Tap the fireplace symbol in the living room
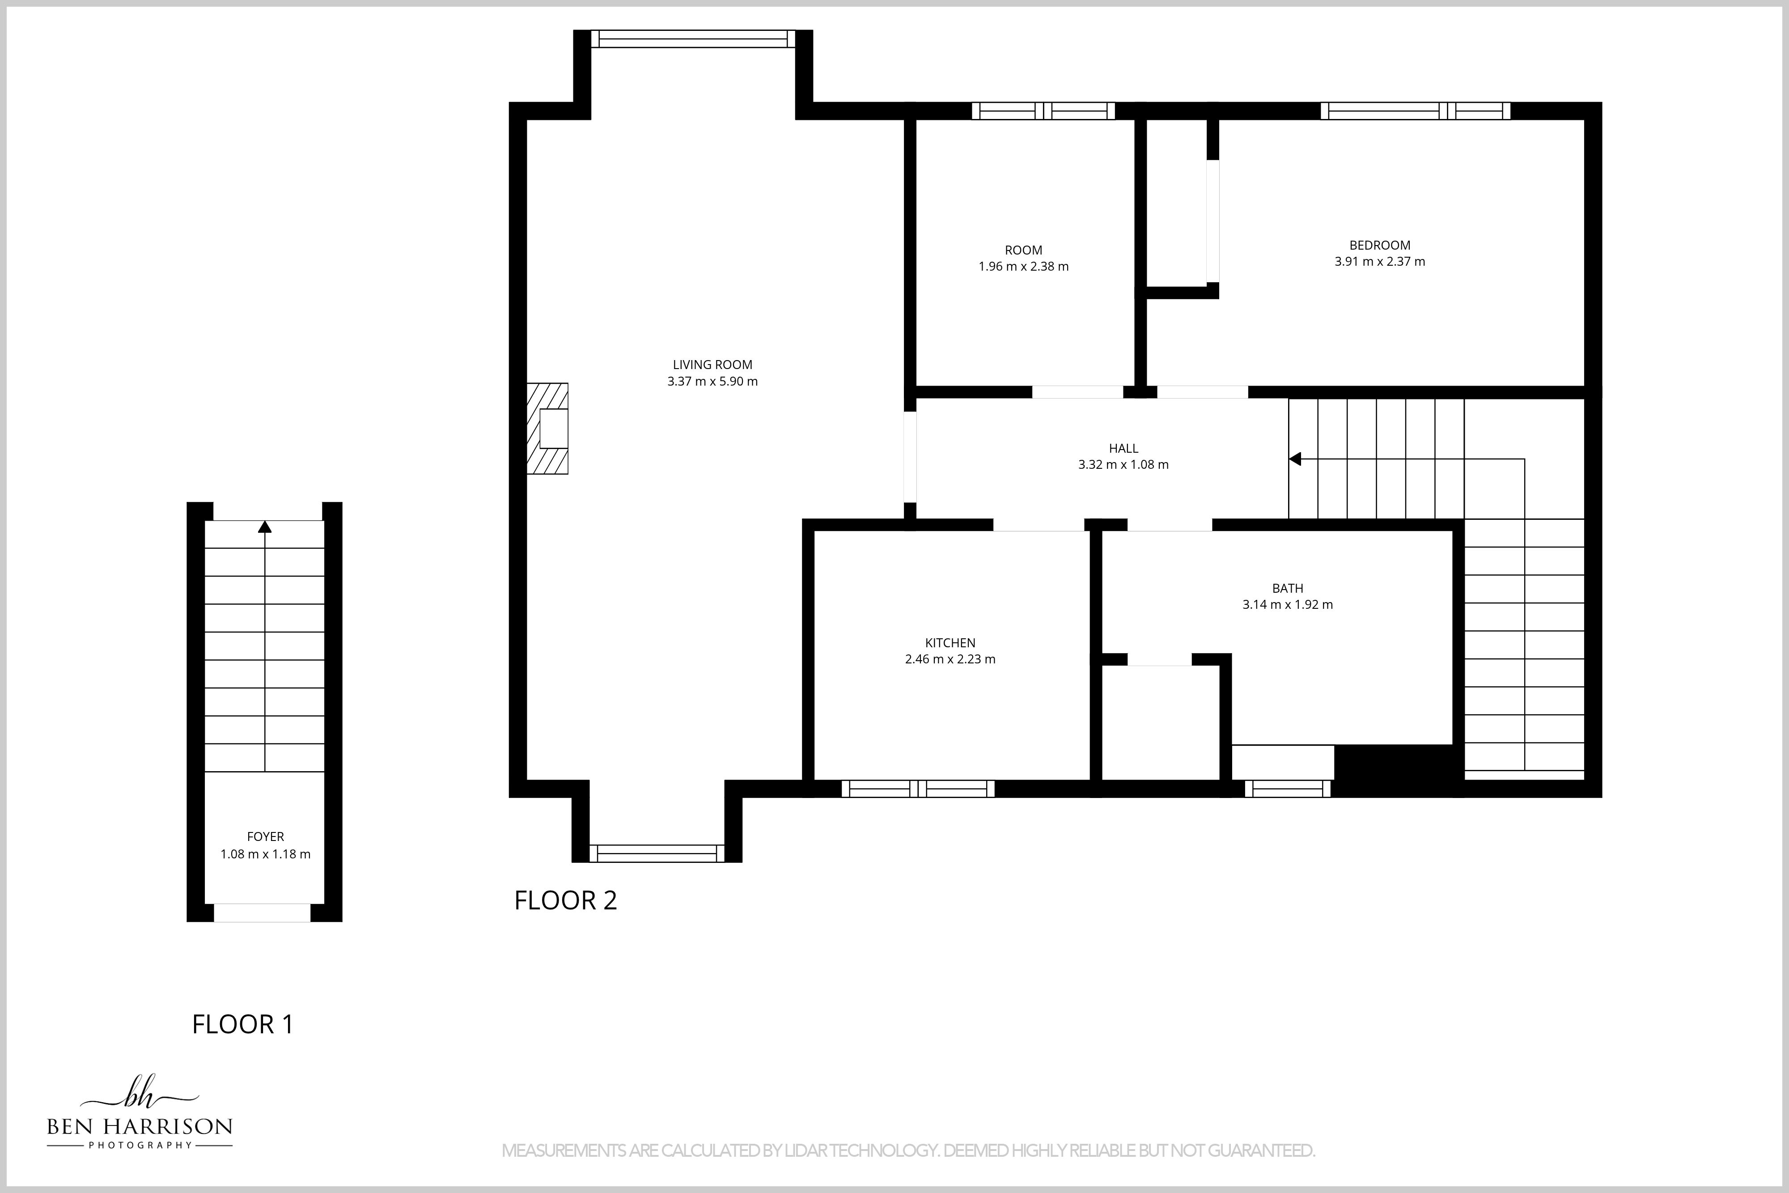click(x=547, y=429)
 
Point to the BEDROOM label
click(x=1380, y=245)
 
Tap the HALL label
click(x=1123, y=448)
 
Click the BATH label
click(x=1288, y=588)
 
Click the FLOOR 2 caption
click(x=565, y=900)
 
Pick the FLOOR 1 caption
click(x=243, y=1024)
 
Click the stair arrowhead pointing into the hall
click(x=1295, y=459)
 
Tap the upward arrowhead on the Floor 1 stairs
click(x=265, y=526)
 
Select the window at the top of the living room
click(x=693, y=39)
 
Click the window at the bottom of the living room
click(x=657, y=853)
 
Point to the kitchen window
click(x=918, y=789)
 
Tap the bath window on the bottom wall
click(x=1288, y=789)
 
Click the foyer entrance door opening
click(x=263, y=913)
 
